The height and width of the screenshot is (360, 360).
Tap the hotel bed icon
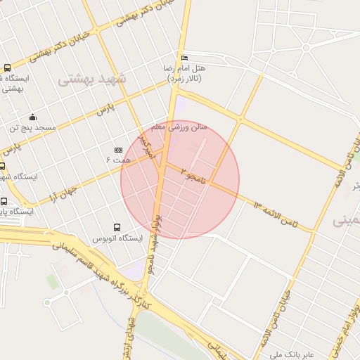[x=185, y=58]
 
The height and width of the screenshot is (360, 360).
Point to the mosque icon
[x=32, y=117]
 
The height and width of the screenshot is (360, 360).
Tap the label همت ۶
[x=118, y=161]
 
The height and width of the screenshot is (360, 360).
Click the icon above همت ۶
[x=118, y=150]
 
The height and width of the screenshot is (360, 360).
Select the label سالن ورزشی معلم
[x=180, y=128]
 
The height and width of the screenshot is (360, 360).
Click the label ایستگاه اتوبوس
[x=118, y=238]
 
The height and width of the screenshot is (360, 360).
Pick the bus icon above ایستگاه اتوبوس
[x=117, y=227]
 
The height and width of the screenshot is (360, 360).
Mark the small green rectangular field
[x=53, y=281]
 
